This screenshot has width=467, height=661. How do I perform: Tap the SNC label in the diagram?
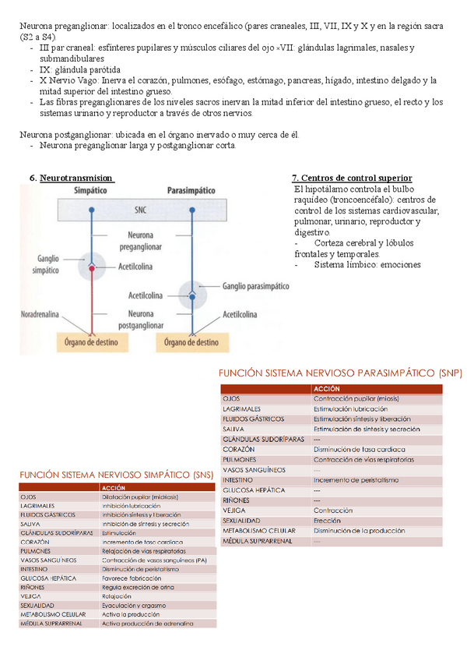click(x=139, y=210)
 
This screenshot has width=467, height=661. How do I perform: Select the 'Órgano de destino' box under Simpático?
click(x=93, y=341)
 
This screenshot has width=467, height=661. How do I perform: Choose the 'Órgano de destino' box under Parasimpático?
click(x=191, y=341)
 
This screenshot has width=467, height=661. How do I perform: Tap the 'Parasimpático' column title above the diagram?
click(x=192, y=190)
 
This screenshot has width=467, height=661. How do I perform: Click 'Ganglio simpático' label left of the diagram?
click(x=47, y=264)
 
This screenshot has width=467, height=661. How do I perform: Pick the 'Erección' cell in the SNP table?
click(x=327, y=521)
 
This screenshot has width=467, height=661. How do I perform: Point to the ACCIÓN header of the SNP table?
click(x=326, y=388)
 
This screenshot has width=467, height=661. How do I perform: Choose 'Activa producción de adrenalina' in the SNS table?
click(x=147, y=624)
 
